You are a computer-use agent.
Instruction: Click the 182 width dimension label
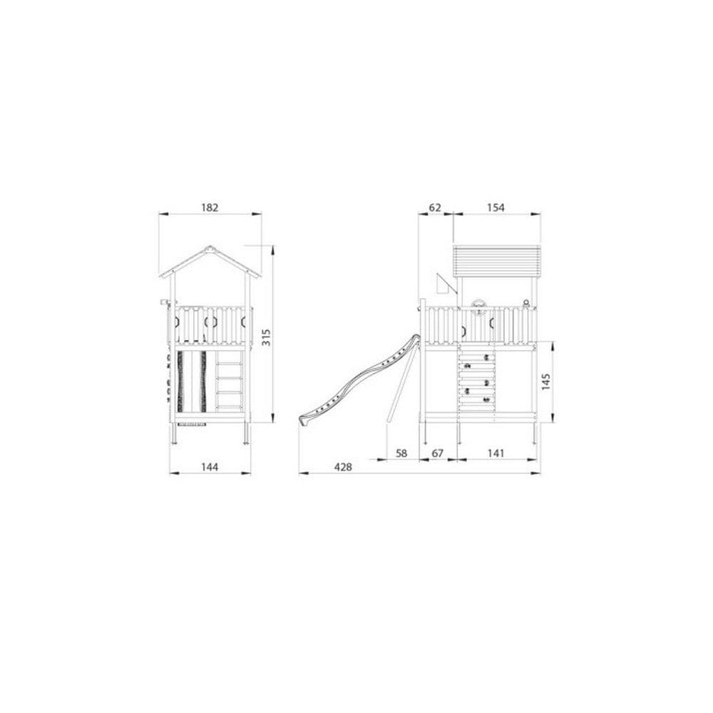tap(210, 207)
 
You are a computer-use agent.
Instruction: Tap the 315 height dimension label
tap(266, 337)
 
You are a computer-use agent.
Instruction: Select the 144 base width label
tap(210, 467)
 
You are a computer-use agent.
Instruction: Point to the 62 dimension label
tap(435, 207)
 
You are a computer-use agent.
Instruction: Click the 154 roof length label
tap(496, 207)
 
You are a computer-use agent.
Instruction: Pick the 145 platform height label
tap(546, 382)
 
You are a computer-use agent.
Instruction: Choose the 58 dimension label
tap(401, 453)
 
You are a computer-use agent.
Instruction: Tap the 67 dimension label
tap(438, 453)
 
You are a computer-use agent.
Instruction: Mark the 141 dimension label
tap(496, 453)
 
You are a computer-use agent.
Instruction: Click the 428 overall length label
tap(343, 467)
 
